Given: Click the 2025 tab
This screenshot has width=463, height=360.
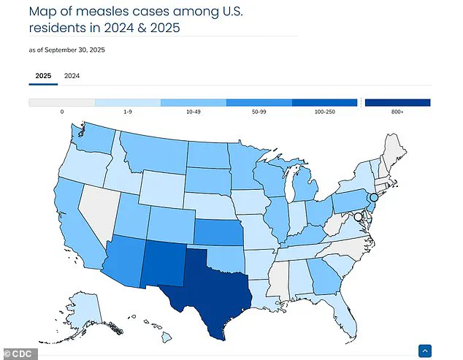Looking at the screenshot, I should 42,76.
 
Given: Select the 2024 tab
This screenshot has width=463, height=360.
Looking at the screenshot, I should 72,76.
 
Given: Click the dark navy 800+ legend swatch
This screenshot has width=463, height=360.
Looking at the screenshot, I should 397,103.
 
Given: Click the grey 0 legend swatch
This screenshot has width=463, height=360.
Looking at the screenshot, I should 61,103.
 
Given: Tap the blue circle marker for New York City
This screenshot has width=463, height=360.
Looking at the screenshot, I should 373,197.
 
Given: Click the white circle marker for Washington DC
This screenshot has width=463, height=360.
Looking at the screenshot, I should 358,217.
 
